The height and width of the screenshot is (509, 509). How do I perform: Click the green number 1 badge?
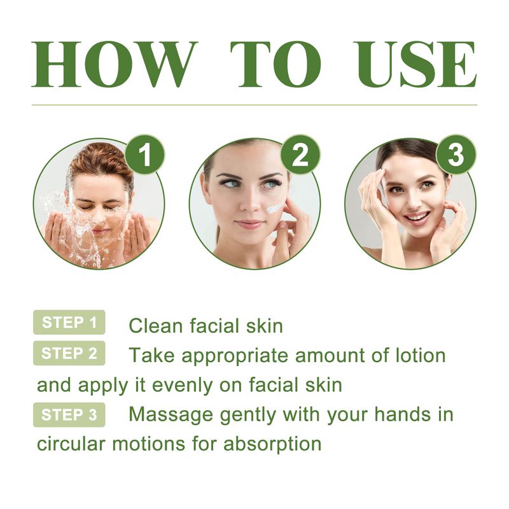click(x=146, y=156)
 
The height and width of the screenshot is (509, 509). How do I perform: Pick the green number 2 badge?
click(x=300, y=156)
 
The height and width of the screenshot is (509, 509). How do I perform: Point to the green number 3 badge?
click(x=456, y=156)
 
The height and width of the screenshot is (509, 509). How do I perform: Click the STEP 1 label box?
click(x=69, y=323)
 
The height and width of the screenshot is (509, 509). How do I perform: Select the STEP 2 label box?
click(x=69, y=354)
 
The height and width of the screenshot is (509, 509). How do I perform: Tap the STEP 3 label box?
click(x=69, y=415)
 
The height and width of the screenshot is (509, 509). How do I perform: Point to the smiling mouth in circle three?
click(x=417, y=218)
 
